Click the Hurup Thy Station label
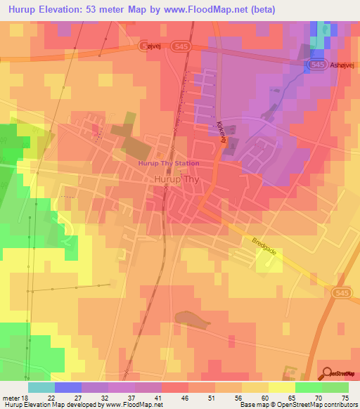click(x=169, y=163)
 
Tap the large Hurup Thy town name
click(x=175, y=179)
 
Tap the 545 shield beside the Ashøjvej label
click(x=316, y=64)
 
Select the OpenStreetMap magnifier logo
click(x=327, y=373)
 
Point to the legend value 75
click(x=345, y=397)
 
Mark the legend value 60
click(x=265, y=397)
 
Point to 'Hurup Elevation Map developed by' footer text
click(x=51, y=405)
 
